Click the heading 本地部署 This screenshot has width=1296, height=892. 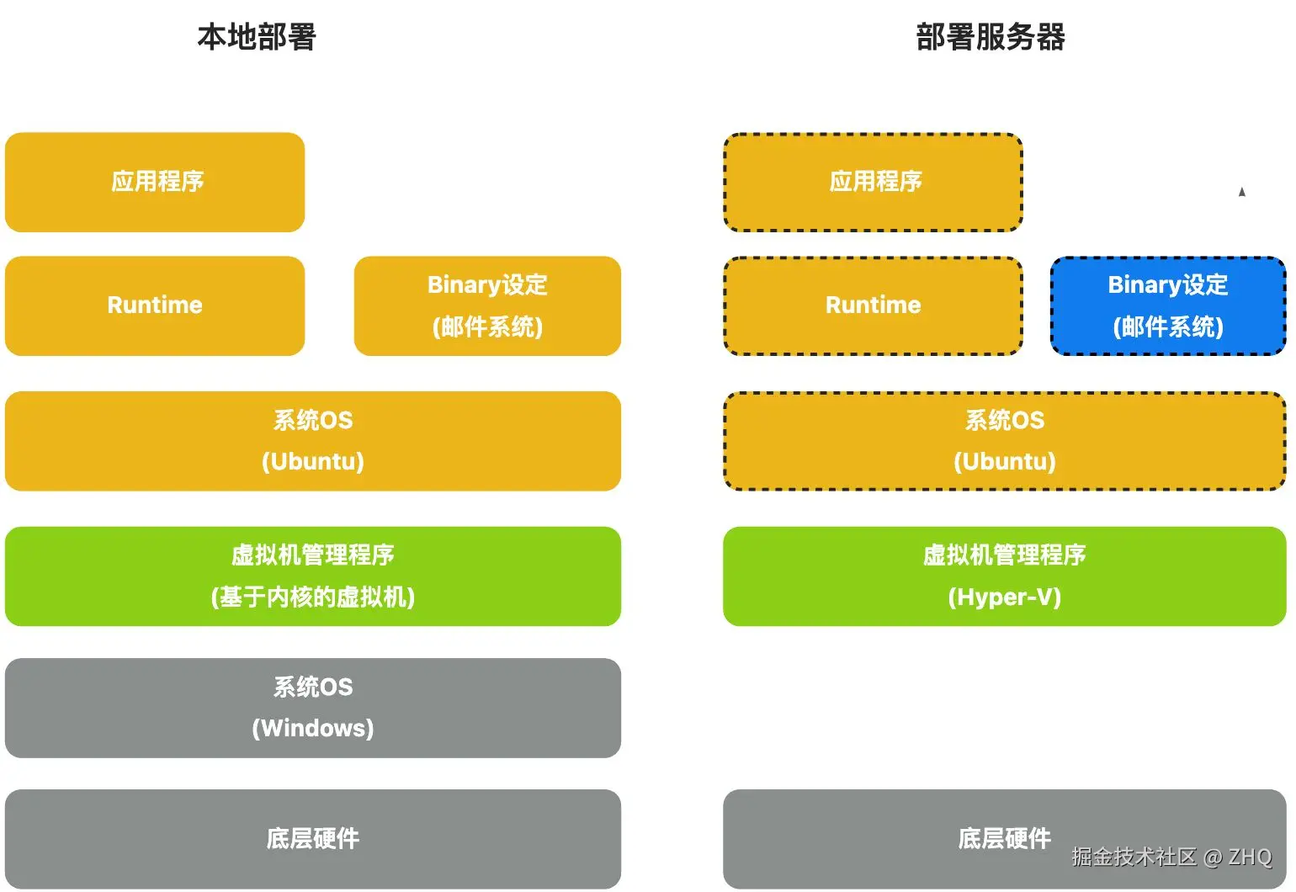pos(256,37)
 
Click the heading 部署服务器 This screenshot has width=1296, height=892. pos(991,37)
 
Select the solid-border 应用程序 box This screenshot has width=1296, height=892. pos(155,182)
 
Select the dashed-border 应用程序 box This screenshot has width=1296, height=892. pos(874,182)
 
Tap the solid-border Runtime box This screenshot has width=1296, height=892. pos(155,305)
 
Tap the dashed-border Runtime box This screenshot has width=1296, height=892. pos(874,305)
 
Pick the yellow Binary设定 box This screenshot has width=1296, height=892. pos(487,305)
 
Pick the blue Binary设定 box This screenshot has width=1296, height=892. pos(1168,305)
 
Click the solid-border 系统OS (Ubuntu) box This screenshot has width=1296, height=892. pos(313,441)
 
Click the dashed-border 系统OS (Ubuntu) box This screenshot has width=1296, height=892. pos(1005,441)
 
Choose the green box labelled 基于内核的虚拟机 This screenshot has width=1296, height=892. pos(313,576)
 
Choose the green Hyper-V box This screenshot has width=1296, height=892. pos(1005,576)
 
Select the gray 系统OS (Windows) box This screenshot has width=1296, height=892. pos(313,708)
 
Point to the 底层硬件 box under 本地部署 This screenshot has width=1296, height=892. pos(313,838)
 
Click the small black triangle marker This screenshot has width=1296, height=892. pos(1241,192)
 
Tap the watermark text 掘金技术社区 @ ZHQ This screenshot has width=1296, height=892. pos(1171,857)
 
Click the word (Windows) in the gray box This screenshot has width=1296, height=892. pos(313,728)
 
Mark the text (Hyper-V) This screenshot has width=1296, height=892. pos(1005,597)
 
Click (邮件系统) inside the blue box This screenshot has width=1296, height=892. pos(1168,327)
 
